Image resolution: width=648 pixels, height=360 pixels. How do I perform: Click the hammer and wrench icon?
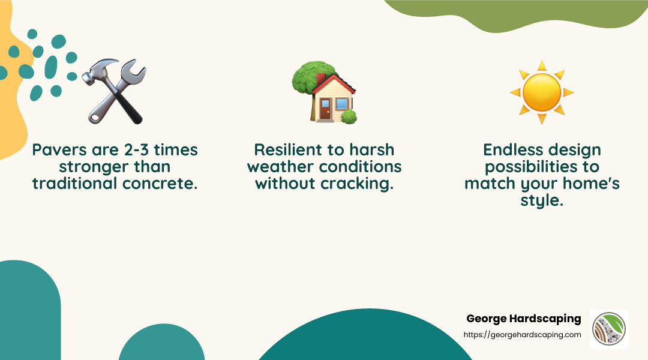coord(114,91)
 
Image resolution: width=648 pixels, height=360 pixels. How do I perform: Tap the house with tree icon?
coord(323,93)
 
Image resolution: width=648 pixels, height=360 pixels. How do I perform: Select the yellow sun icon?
coord(542,92)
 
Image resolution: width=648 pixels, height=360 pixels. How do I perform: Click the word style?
coord(542,200)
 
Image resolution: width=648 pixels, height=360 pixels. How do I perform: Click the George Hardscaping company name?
coord(523,319)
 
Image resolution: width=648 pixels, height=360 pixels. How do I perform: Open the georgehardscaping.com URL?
coord(522,335)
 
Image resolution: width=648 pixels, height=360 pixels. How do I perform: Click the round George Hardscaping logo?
coord(609,329)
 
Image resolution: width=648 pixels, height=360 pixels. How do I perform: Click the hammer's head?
coord(95,71)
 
